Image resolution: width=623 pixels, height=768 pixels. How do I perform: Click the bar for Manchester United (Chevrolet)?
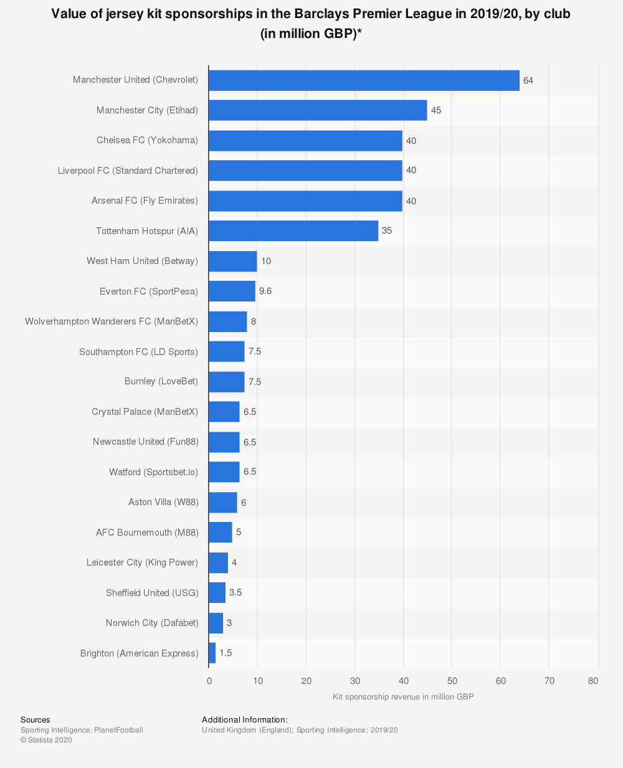(364, 80)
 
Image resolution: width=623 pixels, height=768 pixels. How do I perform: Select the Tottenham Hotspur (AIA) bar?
(293, 230)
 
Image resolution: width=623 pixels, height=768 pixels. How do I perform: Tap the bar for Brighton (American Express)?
(212, 653)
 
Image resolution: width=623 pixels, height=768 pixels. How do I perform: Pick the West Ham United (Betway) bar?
(232, 261)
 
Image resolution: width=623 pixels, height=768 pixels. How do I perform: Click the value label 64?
(528, 80)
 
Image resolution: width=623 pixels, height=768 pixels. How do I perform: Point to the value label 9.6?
(265, 291)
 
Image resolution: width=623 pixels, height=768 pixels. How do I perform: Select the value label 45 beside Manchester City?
(436, 110)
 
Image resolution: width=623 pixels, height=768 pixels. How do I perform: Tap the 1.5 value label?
(226, 653)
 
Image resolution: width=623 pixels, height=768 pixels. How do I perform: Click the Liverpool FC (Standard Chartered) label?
(128, 171)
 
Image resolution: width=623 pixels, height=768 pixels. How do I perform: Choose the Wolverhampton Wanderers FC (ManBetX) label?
(112, 321)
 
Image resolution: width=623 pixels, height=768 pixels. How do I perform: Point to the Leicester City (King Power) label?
(142, 562)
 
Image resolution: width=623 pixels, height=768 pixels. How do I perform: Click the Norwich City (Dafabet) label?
(152, 623)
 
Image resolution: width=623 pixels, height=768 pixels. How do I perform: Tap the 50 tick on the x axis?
(452, 681)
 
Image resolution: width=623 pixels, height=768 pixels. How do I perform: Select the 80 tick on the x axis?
(593, 681)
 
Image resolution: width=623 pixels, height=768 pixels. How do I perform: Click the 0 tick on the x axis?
(209, 681)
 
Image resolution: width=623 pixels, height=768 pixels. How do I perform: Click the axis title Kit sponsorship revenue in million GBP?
(403, 696)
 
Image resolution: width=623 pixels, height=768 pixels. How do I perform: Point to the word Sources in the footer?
(36, 719)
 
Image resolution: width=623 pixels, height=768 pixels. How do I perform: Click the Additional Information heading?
(245, 719)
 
